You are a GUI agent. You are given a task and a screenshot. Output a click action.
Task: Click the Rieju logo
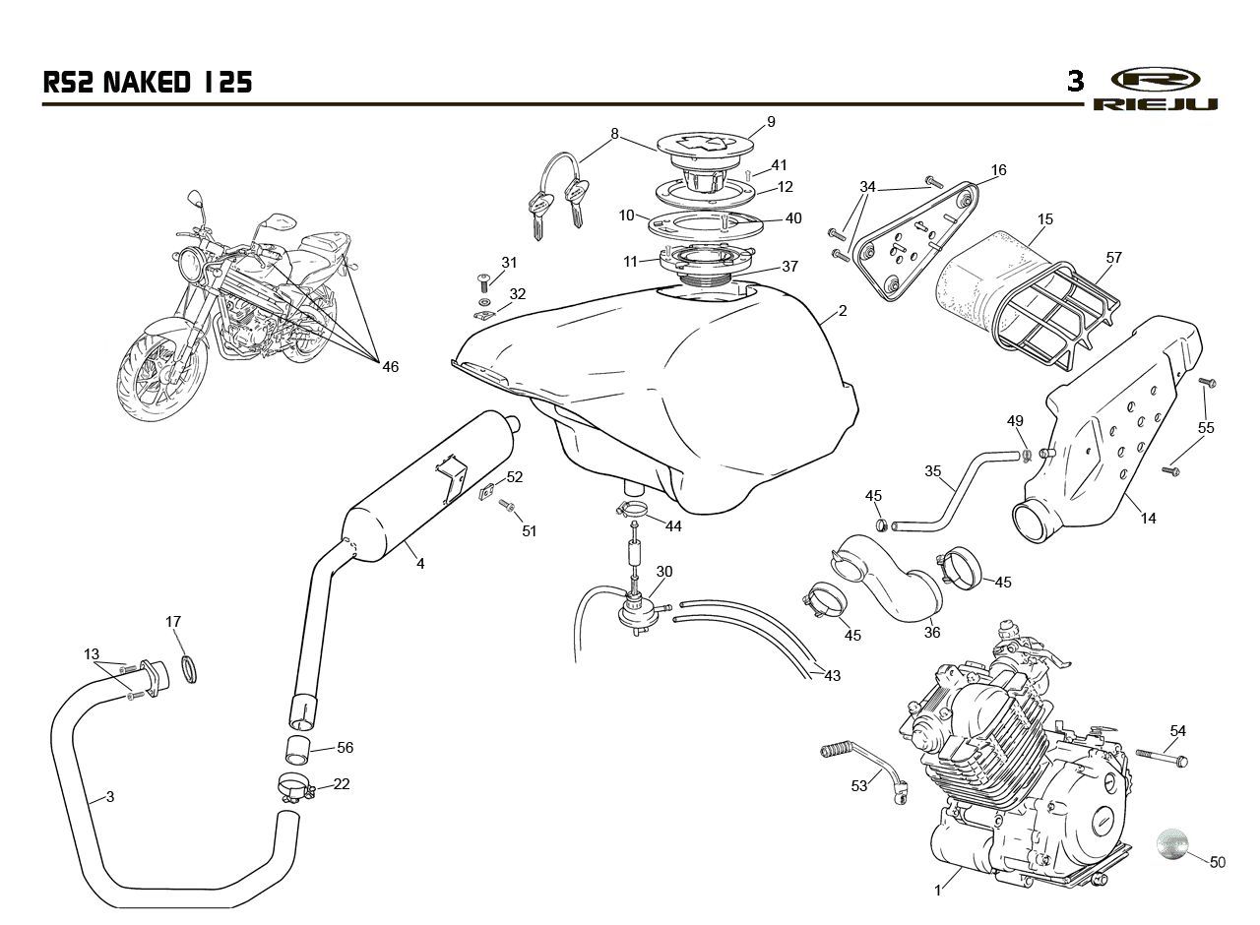click(1155, 90)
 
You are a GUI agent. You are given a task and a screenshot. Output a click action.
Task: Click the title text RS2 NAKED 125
click(148, 82)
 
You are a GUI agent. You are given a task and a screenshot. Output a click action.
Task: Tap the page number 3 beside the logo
click(1076, 82)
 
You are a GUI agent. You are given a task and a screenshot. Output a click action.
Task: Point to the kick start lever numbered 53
click(864, 770)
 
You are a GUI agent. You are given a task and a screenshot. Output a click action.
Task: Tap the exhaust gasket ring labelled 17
click(189, 668)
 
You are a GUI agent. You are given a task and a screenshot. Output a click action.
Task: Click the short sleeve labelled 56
click(298, 751)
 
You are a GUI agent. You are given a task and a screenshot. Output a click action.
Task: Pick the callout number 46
click(391, 367)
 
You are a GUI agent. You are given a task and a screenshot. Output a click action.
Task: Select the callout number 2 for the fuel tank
click(842, 310)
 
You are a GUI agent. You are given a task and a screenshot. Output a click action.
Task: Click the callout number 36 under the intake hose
click(932, 632)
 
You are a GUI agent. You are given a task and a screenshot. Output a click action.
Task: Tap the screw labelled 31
click(483, 281)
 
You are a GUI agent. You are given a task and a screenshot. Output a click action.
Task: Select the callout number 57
click(1113, 258)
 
